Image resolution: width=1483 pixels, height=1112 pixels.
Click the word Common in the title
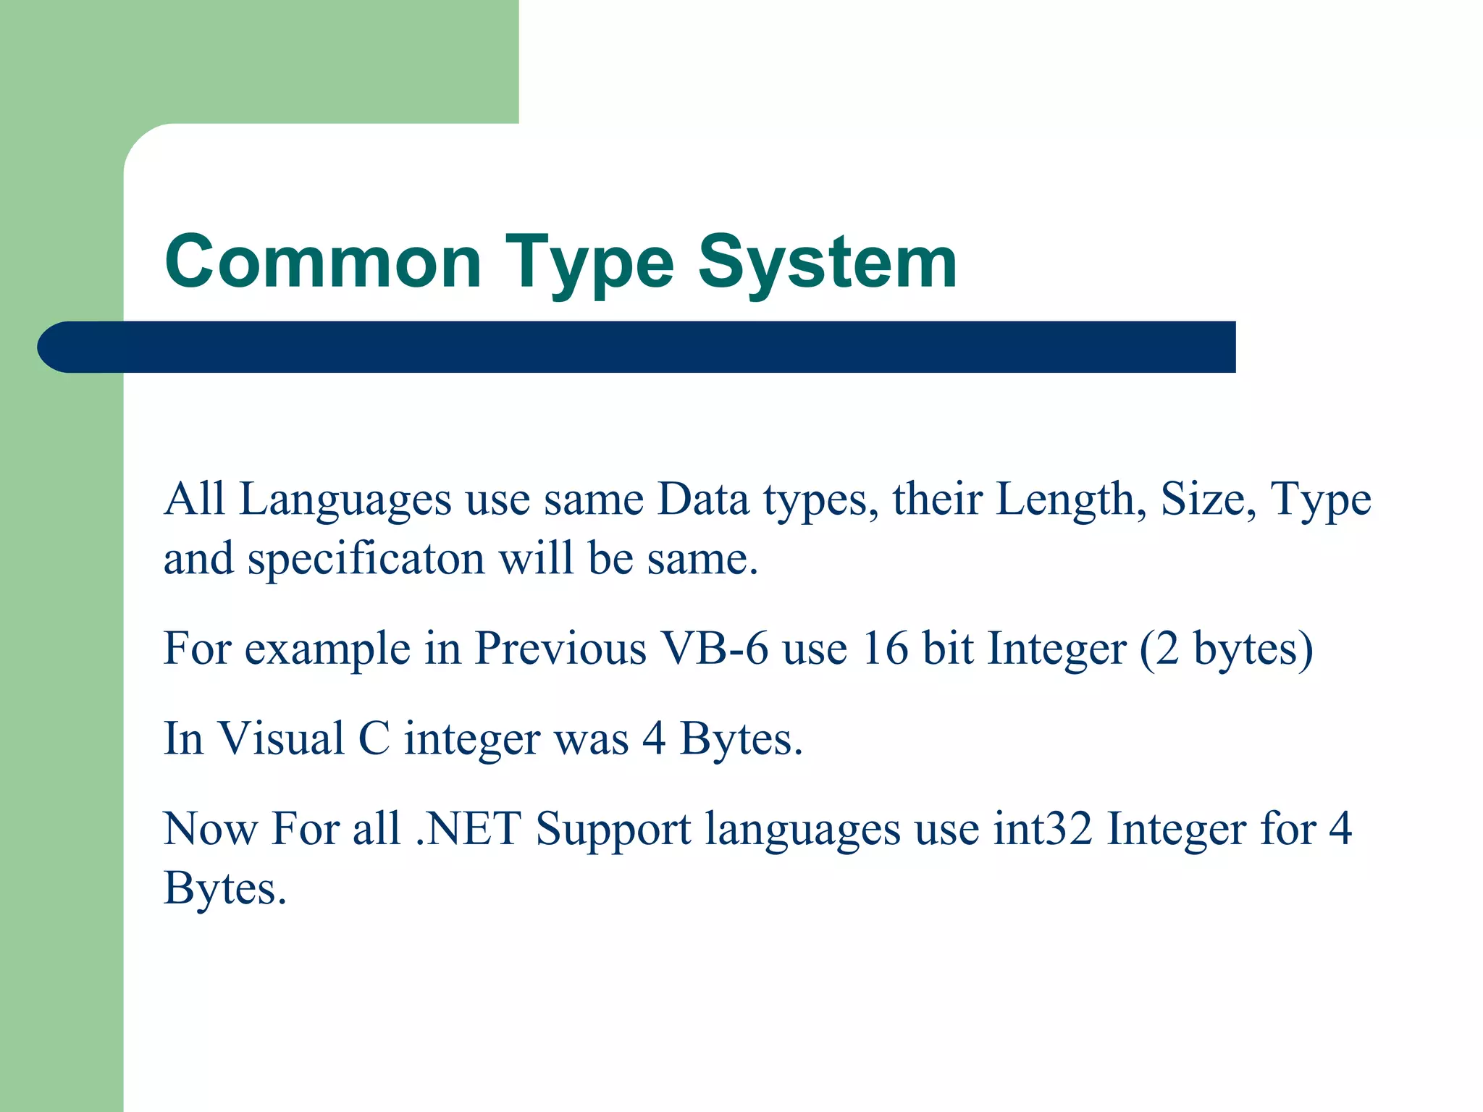(x=323, y=262)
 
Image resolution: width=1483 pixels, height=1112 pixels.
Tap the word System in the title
(x=827, y=262)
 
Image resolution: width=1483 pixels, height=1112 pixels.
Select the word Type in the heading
(x=589, y=262)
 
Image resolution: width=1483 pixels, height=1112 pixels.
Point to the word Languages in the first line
(x=345, y=501)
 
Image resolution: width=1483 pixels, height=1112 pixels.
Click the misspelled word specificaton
(x=366, y=560)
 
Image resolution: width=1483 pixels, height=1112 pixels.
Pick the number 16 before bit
(x=884, y=649)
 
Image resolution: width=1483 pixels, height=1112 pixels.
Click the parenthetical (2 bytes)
(x=1225, y=649)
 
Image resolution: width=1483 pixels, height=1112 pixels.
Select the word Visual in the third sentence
(x=281, y=739)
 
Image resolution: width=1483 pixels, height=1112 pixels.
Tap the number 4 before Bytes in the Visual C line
(x=654, y=739)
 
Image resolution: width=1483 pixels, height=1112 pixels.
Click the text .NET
(x=469, y=829)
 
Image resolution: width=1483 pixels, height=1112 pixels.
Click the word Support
(x=613, y=830)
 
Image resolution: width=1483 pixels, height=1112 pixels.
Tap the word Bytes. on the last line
(x=225, y=889)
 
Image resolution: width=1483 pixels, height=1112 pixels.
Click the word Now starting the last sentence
(x=210, y=829)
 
